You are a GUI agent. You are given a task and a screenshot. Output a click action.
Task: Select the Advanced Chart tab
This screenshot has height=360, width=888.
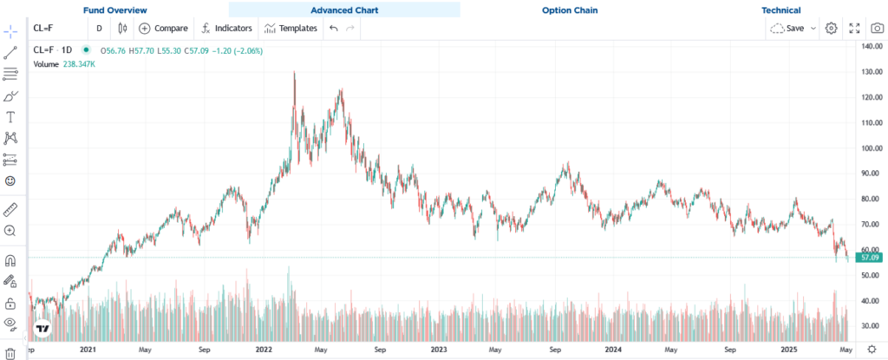pyautogui.click(x=344, y=10)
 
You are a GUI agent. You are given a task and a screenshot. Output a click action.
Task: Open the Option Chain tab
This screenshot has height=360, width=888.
pyautogui.click(x=570, y=10)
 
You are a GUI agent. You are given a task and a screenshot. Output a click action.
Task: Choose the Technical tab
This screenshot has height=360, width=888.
pyautogui.click(x=780, y=10)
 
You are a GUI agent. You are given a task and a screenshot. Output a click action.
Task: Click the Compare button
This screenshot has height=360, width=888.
pyautogui.click(x=163, y=29)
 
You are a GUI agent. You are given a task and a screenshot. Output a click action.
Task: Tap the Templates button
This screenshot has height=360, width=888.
pyautogui.click(x=291, y=29)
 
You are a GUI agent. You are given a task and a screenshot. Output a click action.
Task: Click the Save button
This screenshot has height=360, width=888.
pyautogui.click(x=793, y=29)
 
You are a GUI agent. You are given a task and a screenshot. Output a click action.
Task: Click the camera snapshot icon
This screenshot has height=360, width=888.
pyautogui.click(x=877, y=29)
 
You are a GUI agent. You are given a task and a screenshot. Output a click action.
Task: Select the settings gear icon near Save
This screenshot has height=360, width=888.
pyautogui.click(x=831, y=29)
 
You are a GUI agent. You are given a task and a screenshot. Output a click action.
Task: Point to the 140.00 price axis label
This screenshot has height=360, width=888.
pyautogui.click(x=872, y=46)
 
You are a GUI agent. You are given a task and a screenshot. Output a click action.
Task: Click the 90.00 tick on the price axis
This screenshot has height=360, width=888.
pyautogui.click(x=872, y=173)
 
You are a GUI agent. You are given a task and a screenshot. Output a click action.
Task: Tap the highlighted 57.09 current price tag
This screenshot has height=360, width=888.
pyautogui.click(x=869, y=257)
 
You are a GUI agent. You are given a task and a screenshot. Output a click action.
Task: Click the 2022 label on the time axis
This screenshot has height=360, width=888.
pyautogui.click(x=264, y=350)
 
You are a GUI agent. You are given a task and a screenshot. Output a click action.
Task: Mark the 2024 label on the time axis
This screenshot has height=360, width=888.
pyautogui.click(x=613, y=350)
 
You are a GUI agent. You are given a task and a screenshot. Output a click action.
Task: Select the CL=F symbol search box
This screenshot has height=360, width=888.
pyautogui.click(x=57, y=29)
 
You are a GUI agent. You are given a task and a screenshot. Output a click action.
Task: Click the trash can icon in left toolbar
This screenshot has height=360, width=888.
pyautogui.click(x=10, y=352)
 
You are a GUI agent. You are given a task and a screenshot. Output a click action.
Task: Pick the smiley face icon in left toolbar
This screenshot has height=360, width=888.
pyautogui.click(x=10, y=180)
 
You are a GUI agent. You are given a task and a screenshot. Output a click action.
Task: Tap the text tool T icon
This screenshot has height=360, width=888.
pyautogui.click(x=10, y=116)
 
